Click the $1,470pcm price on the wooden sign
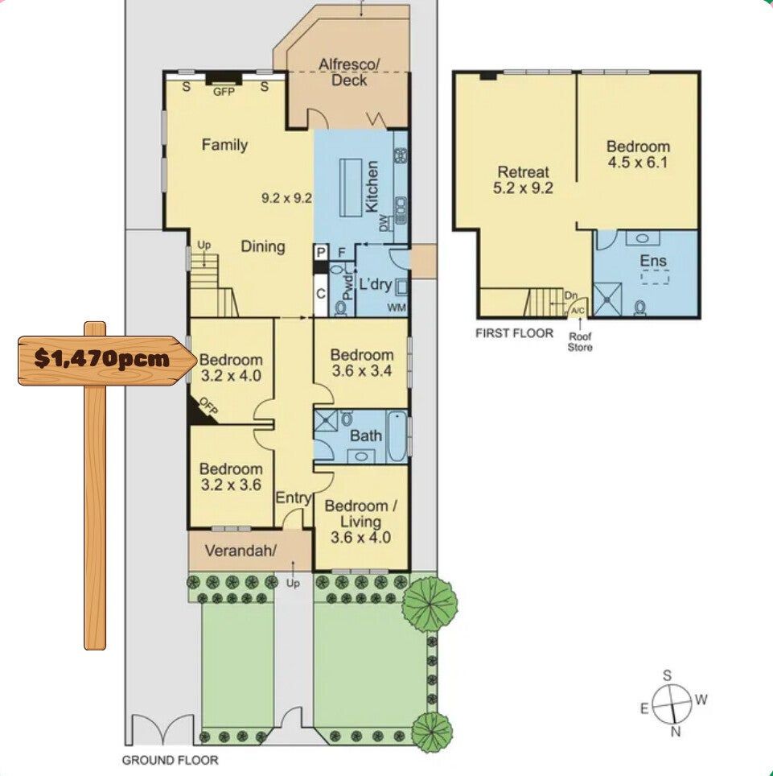pyautogui.click(x=102, y=358)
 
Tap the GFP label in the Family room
pyautogui.click(x=224, y=92)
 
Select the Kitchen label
pyautogui.click(x=372, y=187)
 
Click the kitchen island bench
pyautogui.click(x=351, y=187)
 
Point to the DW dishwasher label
pyautogui.click(x=384, y=223)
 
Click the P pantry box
pyautogui.click(x=321, y=253)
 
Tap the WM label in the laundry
pyautogui.click(x=397, y=308)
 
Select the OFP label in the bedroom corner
pyautogui.click(x=208, y=406)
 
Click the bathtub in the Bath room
pyautogui.click(x=397, y=436)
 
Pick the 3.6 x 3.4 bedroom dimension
pyautogui.click(x=362, y=370)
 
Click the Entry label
pyautogui.click(x=294, y=497)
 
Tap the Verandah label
pyautogui.click(x=241, y=551)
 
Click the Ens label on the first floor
pyautogui.click(x=653, y=261)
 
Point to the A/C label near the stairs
pyautogui.click(x=578, y=311)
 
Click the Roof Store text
pyautogui.click(x=580, y=342)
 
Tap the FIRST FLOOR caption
pyautogui.click(x=514, y=333)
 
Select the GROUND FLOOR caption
pyautogui.click(x=171, y=760)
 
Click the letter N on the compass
pyautogui.click(x=676, y=732)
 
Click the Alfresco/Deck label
pyautogui.click(x=349, y=72)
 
